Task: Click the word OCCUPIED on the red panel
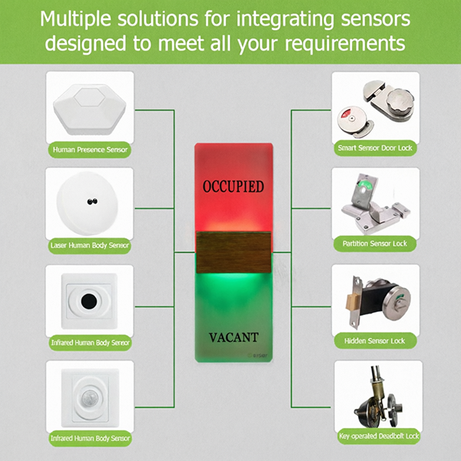pos(233,187)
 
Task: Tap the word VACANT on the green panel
pos(234,337)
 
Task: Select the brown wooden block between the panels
pos(234,252)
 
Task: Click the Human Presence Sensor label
pos(90,150)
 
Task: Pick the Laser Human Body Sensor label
pos(90,245)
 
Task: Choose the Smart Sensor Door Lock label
pos(375,148)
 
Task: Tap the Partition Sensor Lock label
pos(375,244)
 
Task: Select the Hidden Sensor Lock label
pos(375,340)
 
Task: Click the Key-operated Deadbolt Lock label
pos(379,436)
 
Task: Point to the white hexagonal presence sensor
pos(90,109)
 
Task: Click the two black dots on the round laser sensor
pos(92,201)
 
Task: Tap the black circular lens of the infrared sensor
pos(89,301)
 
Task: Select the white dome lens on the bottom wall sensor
pos(89,398)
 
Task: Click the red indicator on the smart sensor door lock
pos(345,113)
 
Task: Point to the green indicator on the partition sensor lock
pos(366,185)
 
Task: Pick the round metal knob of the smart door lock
pos(400,101)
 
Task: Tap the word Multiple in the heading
pos(75,18)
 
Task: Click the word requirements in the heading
pos(345,44)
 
